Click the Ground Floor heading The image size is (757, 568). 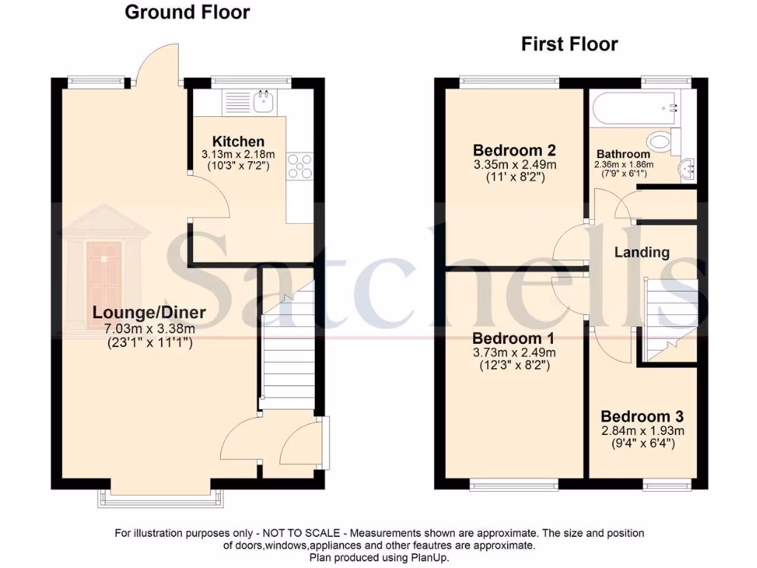[x=186, y=13]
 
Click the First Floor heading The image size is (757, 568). [x=569, y=44]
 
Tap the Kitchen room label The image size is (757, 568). [x=238, y=141]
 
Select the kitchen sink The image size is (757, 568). [x=264, y=101]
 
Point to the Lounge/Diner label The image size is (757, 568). [x=149, y=312]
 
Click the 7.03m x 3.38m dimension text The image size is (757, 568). [x=149, y=328]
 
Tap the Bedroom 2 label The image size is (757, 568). [x=515, y=149]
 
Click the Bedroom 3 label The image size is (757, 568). [x=642, y=416]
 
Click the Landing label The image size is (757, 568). [x=642, y=252]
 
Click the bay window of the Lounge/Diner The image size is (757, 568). [x=160, y=500]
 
